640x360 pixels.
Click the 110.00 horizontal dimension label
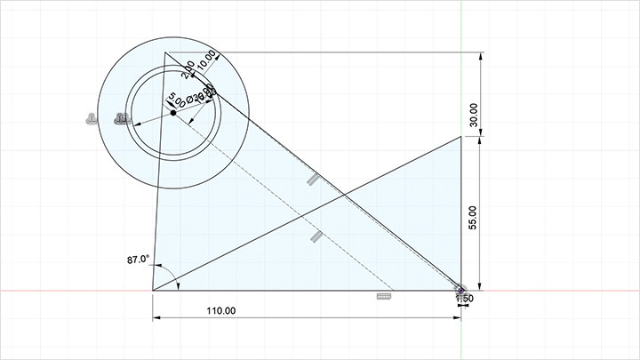click(220, 310)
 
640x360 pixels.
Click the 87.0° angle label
click(138, 260)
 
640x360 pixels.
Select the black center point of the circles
click(172, 113)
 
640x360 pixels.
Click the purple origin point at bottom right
click(461, 289)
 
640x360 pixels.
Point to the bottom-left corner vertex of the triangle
click(153, 290)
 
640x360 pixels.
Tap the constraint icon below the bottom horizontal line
click(384, 296)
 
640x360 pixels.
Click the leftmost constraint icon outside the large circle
click(92, 118)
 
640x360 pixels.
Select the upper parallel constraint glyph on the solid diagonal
click(312, 179)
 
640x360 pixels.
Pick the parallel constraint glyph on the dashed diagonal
click(316, 236)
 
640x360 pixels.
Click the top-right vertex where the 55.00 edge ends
click(461, 136)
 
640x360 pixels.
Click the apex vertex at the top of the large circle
click(164, 52)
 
